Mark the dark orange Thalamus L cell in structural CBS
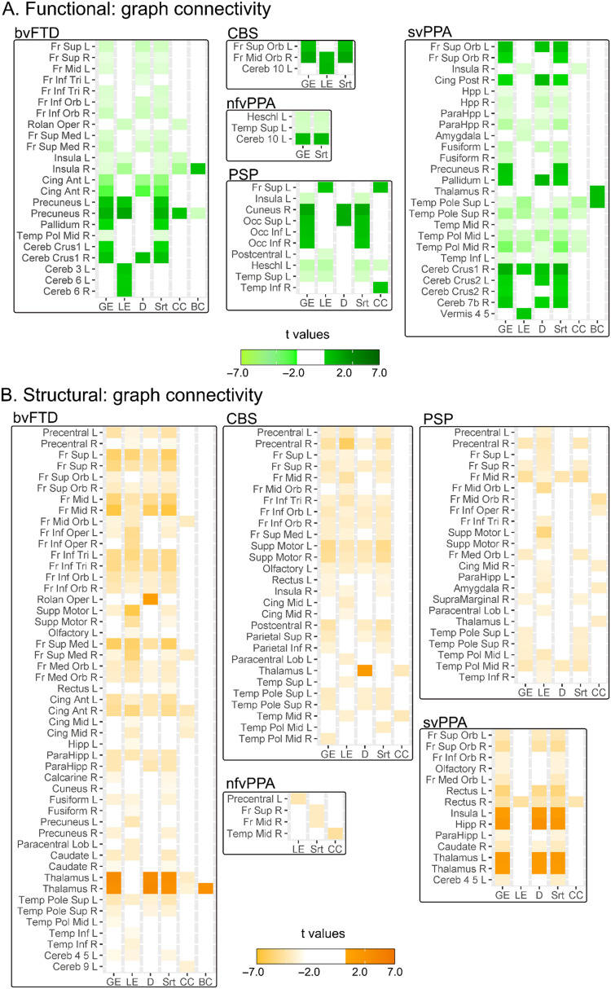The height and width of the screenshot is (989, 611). click(364, 670)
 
